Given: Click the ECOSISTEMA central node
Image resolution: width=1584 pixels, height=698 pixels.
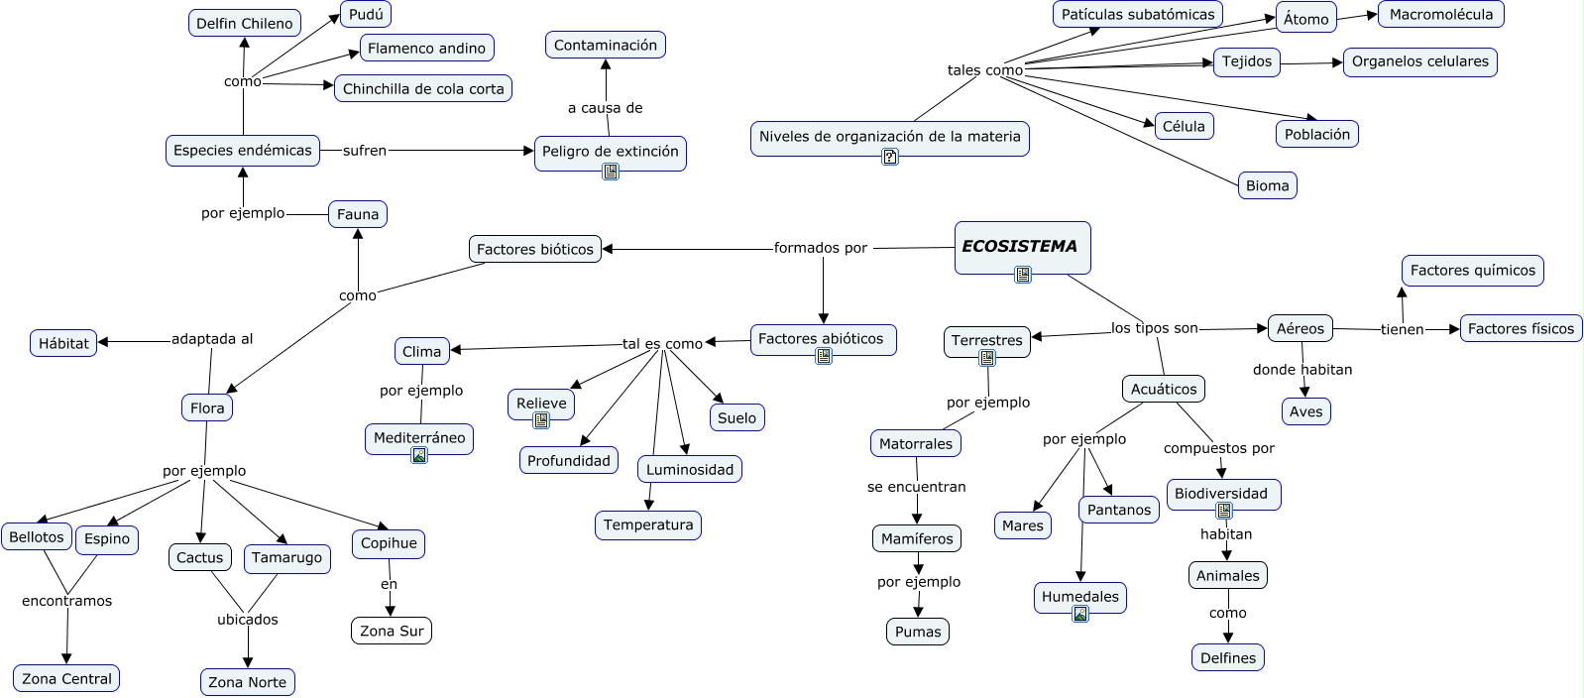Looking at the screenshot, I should (x=1021, y=247).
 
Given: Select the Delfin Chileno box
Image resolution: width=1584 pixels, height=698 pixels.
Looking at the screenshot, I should (x=244, y=23).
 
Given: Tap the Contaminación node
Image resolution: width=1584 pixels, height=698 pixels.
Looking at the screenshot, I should (x=605, y=45).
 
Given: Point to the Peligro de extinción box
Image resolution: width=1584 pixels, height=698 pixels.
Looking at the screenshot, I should (x=610, y=152).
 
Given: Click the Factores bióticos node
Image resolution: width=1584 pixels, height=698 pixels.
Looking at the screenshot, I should (x=534, y=249).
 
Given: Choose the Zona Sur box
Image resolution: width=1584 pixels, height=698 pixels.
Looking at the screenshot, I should (x=392, y=631).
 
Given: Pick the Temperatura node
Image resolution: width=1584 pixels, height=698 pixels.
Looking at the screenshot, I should (x=648, y=524).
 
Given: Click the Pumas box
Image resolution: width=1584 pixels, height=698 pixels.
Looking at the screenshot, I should (x=918, y=632).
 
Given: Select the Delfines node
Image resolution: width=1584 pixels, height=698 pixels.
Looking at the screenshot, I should (x=1227, y=657).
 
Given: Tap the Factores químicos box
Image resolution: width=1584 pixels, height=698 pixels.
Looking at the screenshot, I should (x=1472, y=270).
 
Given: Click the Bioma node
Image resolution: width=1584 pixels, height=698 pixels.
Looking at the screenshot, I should (x=1267, y=185).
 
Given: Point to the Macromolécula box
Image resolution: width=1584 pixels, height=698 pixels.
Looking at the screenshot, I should (x=1440, y=14).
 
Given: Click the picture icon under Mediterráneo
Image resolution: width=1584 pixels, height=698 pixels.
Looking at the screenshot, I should (x=419, y=456).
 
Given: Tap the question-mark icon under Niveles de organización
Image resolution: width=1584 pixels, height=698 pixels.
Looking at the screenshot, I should (x=890, y=157).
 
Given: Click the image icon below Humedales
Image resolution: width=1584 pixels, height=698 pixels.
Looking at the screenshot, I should (x=1080, y=615).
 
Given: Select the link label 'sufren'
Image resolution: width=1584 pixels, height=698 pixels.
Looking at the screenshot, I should (x=365, y=151).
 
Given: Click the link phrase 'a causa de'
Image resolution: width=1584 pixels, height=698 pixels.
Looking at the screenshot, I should (x=605, y=108).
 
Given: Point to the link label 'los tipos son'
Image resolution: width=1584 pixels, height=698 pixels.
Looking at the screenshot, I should (x=1154, y=328).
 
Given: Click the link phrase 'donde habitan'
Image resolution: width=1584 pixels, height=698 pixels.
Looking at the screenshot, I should (x=1301, y=370).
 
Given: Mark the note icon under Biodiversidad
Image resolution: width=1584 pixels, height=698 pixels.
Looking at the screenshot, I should (x=1224, y=512).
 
